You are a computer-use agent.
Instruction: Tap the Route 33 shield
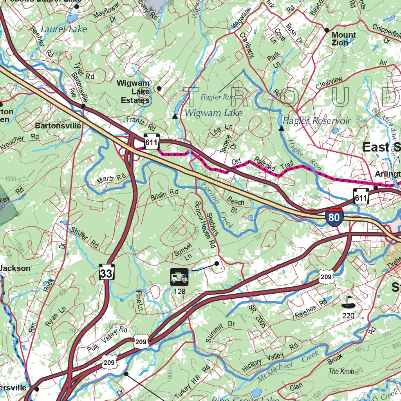107,273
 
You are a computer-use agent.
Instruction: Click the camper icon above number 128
179,277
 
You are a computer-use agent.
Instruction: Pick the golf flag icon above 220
347,302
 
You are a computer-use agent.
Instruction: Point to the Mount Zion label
344,39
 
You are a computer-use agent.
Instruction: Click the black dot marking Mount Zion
327,30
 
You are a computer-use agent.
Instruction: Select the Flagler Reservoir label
316,121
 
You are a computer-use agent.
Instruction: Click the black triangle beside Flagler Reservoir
281,128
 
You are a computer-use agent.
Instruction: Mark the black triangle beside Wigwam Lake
175,116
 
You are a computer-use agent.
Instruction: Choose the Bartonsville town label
58,126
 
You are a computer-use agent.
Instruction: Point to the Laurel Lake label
64,29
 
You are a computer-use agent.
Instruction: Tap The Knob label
341,371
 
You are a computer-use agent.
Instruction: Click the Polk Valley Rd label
108,338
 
